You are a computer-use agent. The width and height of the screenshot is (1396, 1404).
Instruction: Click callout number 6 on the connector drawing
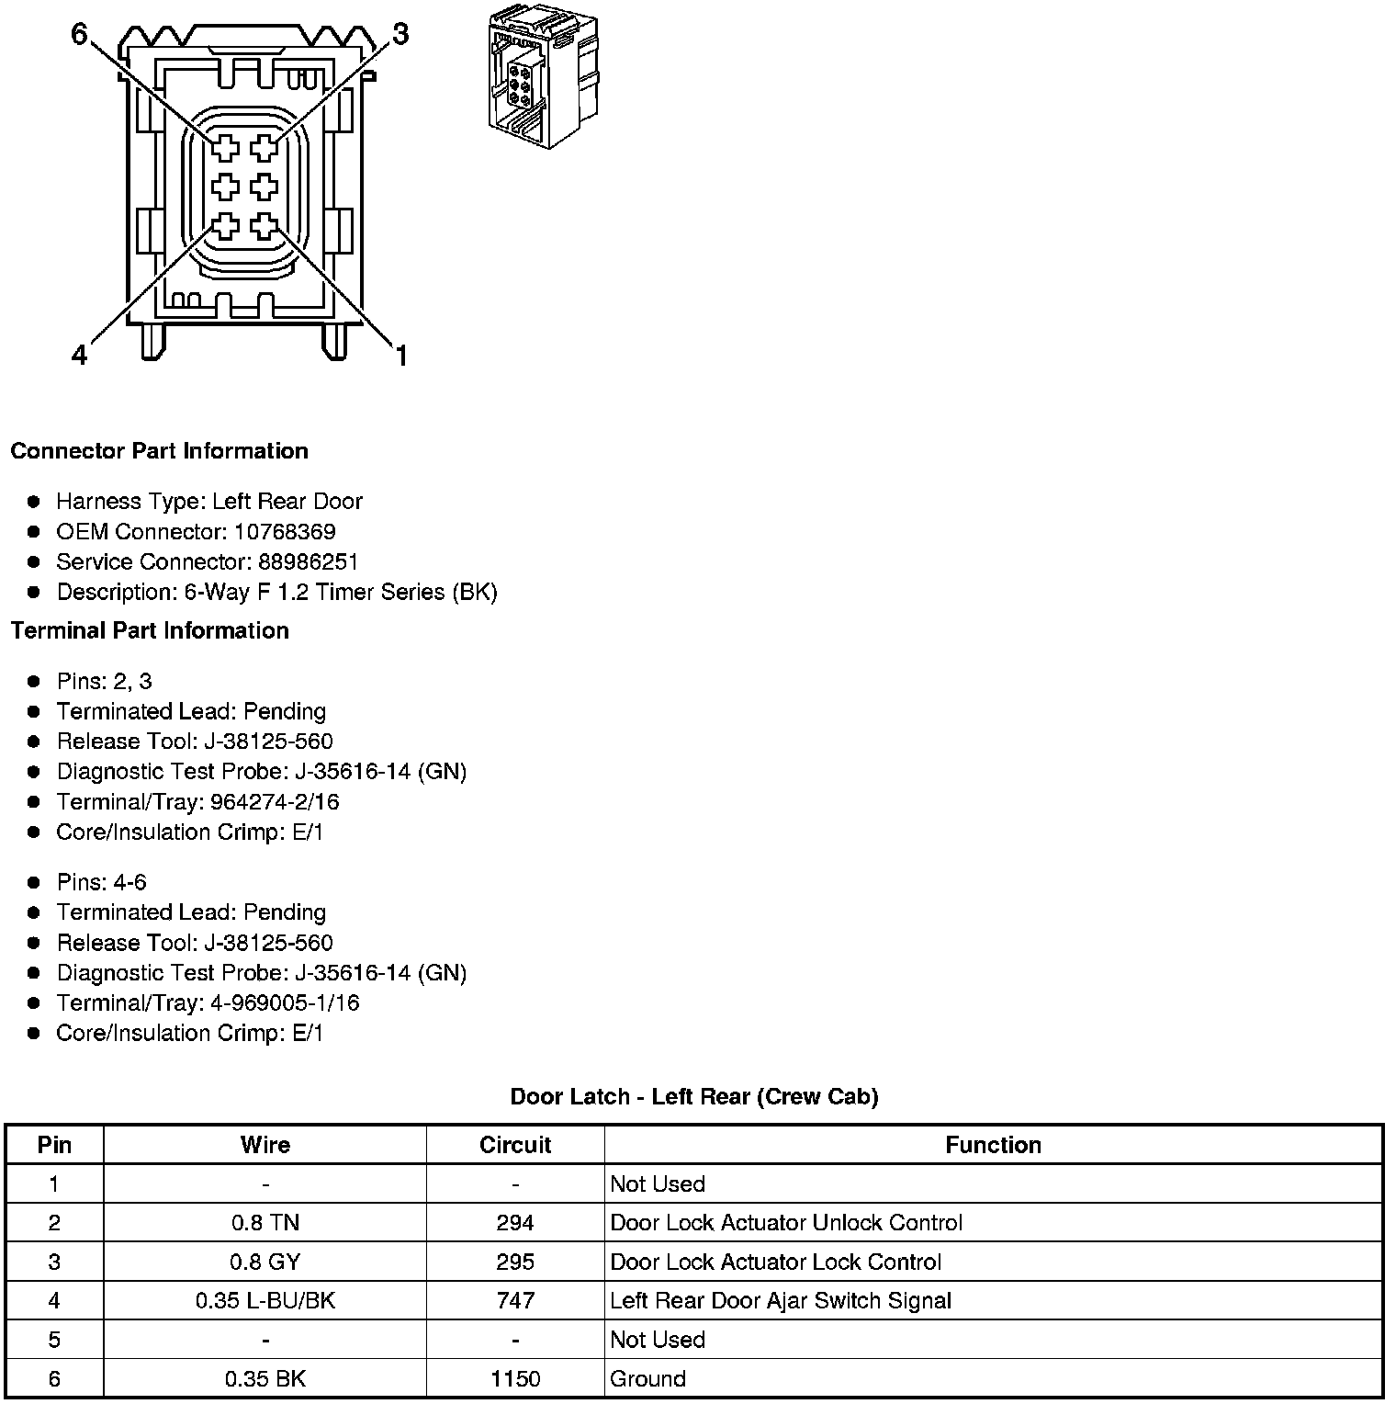[x=79, y=34]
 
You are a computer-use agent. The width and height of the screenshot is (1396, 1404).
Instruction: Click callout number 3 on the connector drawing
[x=400, y=34]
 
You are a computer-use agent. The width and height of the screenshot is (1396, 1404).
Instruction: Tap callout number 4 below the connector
[x=79, y=354]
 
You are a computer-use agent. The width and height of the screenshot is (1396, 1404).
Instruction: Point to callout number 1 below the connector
[x=400, y=355]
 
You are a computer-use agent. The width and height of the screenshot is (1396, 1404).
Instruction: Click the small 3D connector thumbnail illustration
[x=542, y=77]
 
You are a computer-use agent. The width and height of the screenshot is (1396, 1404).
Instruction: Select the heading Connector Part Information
[x=159, y=451]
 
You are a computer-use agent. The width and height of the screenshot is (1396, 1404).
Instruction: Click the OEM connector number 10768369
[x=285, y=532]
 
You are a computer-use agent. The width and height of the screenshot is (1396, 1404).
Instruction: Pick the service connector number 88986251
[x=309, y=561]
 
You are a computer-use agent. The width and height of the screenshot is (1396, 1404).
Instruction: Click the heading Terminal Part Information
[x=150, y=630]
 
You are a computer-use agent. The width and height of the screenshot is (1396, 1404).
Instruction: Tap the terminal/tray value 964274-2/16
[x=275, y=802]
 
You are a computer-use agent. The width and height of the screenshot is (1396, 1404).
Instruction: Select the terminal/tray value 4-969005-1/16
[x=285, y=1002]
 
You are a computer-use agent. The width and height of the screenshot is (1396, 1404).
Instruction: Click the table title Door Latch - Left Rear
[x=694, y=1096]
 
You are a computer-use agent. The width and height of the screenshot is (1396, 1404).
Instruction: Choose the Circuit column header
[x=515, y=1145]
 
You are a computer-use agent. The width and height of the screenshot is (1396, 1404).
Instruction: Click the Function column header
[x=993, y=1145]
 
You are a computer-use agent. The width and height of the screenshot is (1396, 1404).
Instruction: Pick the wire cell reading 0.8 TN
[x=265, y=1223]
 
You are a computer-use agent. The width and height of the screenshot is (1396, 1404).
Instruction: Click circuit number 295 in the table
[x=515, y=1262]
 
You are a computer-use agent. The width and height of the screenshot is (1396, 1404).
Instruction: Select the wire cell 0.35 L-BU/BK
[x=265, y=1301]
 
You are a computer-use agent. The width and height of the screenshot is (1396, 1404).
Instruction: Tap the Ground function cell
[x=647, y=1378]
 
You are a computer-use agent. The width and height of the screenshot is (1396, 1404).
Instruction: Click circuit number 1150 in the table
[x=515, y=1378]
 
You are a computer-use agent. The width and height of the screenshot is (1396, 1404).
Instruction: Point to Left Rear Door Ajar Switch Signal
[x=781, y=1301]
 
